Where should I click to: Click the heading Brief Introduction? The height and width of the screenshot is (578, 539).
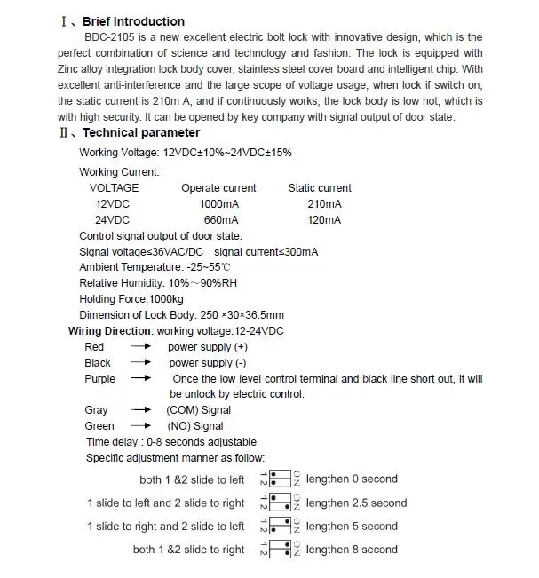(133, 21)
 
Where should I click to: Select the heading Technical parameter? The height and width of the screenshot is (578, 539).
(141, 133)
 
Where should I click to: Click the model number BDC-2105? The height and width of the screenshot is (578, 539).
(112, 37)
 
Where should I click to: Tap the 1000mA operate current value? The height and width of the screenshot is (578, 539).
(218, 204)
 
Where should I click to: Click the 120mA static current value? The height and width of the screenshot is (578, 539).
(324, 220)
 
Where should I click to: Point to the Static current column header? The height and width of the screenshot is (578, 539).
(320, 188)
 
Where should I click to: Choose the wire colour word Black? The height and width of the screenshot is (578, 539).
(98, 363)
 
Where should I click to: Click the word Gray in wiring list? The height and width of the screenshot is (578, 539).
(96, 410)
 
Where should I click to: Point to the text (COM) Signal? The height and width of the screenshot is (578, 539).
(198, 410)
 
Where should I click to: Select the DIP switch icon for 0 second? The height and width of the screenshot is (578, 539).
(281, 479)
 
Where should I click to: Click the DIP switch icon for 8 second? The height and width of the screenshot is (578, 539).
(281, 550)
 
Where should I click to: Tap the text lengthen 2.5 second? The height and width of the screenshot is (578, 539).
(356, 503)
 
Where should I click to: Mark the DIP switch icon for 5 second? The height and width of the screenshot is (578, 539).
(281, 527)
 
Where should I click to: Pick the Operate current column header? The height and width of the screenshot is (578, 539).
(218, 188)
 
